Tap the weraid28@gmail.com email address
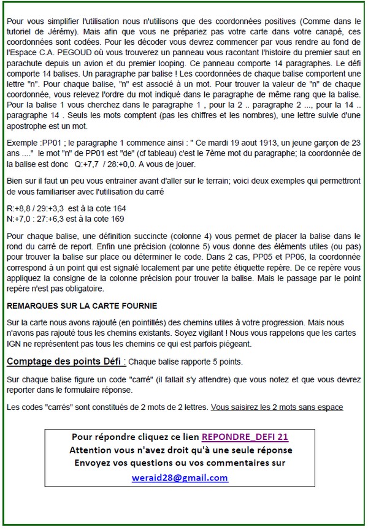point(180,478)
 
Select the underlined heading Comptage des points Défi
point(66,361)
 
